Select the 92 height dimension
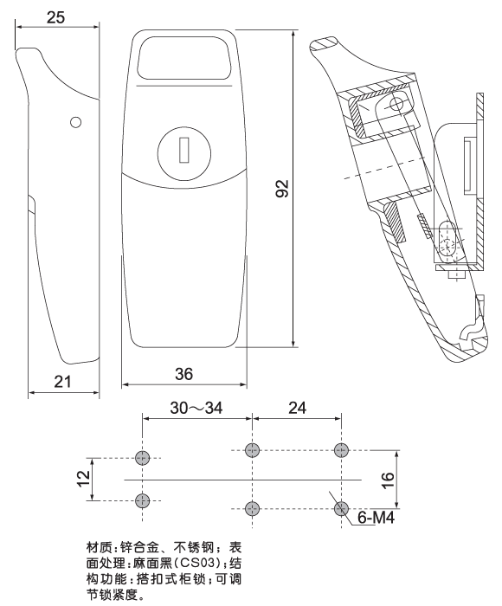tap(280, 188)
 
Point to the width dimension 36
tap(183, 373)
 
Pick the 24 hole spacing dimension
tap(296, 409)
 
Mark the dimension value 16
tap(389, 478)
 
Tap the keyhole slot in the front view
tap(183, 151)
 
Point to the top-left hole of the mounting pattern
tap(144, 457)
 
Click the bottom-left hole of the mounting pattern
tap(144, 500)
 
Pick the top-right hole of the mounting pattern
tap(340, 449)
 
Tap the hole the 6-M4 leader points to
tap(340, 507)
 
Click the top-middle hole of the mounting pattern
tap(252, 449)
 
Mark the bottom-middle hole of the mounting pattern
tap(252, 507)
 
